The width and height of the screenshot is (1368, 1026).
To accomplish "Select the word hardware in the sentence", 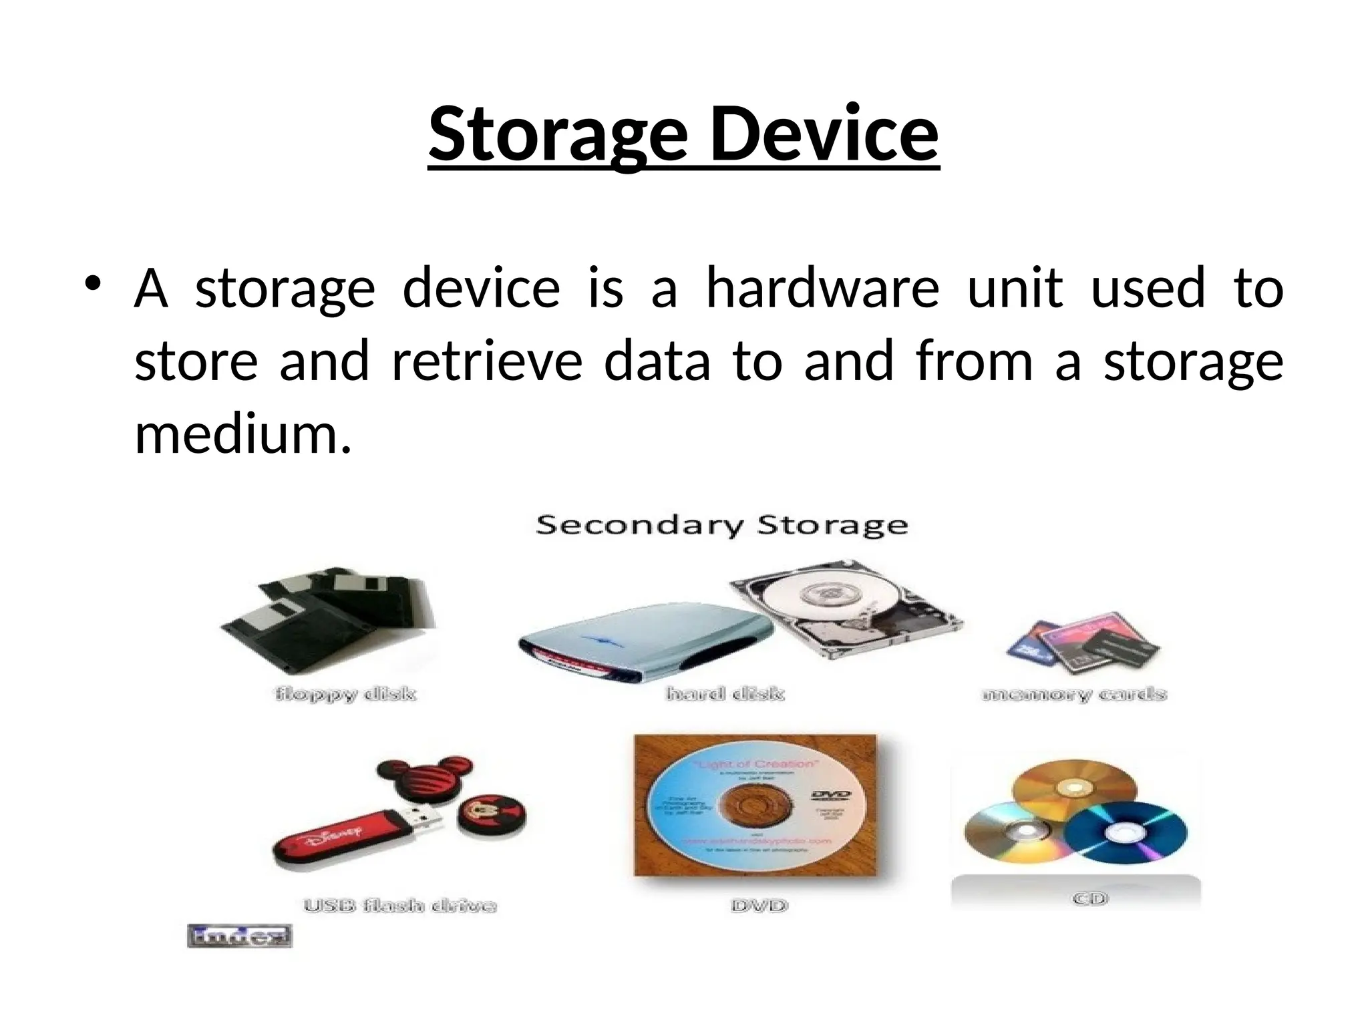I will [822, 289].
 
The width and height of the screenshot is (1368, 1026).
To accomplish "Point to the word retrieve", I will [487, 361].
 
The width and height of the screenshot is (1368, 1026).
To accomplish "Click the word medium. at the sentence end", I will [242, 434].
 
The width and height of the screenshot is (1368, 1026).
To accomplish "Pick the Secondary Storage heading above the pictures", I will [721, 525].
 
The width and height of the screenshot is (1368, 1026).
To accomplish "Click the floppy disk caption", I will [345, 695].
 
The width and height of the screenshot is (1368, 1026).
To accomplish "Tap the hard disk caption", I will [725, 694].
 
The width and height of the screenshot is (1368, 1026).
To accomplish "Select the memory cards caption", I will [1074, 695].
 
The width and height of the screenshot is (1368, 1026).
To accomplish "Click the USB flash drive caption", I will [399, 906].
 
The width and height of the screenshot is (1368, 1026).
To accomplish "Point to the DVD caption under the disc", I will [759, 906].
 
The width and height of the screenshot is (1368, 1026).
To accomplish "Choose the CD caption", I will [1089, 899].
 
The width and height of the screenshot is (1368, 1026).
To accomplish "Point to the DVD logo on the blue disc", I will [831, 795].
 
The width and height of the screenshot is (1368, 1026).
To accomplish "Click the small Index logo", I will [240, 936].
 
